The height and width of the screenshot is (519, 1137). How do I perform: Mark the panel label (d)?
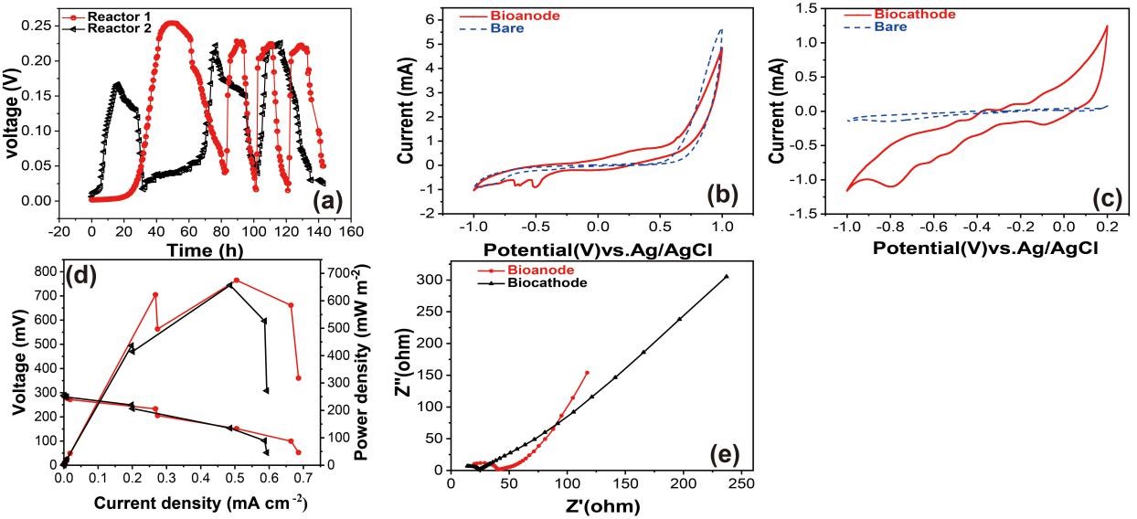[x=81, y=277]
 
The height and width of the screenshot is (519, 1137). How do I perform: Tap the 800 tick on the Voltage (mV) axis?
[x=44, y=271]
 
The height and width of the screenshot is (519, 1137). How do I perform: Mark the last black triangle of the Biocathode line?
[x=727, y=276]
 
